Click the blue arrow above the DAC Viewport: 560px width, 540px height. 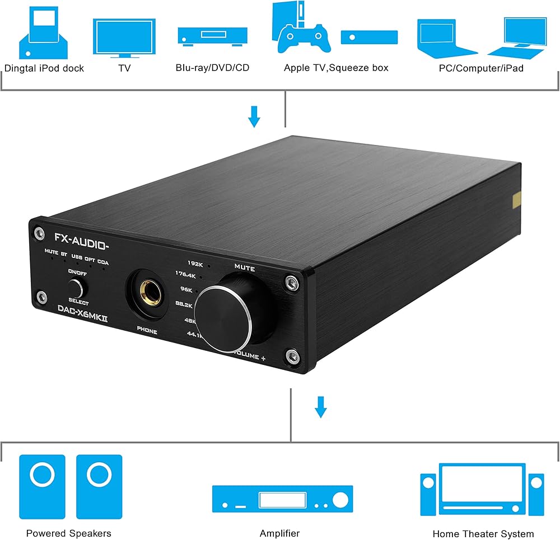click(x=254, y=116)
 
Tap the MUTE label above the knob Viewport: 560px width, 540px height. click(x=244, y=269)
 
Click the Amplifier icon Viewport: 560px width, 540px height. click(x=282, y=498)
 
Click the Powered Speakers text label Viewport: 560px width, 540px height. click(x=69, y=533)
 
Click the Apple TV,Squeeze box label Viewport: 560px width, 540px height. click(x=336, y=68)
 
